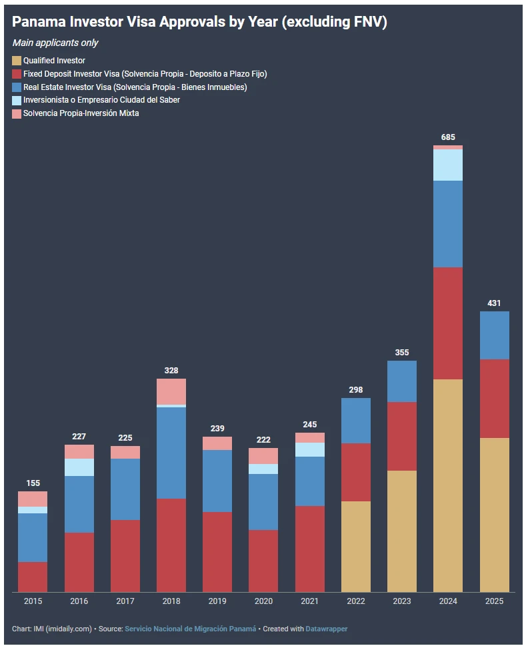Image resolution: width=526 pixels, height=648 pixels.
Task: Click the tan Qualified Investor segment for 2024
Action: [x=448, y=485]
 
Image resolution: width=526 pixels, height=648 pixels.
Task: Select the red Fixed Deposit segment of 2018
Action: [x=171, y=545]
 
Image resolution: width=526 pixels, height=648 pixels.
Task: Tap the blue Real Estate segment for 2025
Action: [x=494, y=335]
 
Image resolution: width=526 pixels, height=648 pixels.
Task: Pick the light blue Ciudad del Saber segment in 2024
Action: [x=448, y=165]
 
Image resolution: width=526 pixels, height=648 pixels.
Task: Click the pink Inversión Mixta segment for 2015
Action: [x=33, y=499]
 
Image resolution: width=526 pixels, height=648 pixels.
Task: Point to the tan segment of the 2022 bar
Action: [x=356, y=546]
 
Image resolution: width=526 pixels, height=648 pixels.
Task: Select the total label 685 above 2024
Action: [x=448, y=137]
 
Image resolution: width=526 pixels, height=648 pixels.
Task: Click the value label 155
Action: [x=33, y=483]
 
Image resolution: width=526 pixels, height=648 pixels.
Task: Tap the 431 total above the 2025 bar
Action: [x=494, y=303]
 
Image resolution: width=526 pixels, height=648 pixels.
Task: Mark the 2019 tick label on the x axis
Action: [x=217, y=601]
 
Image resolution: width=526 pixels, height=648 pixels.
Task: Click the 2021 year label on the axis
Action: [x=309, y=601]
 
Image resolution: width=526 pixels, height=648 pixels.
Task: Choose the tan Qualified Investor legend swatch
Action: [x=17, y=61]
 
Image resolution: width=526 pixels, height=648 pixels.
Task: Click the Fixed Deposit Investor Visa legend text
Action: [x=145, y=74]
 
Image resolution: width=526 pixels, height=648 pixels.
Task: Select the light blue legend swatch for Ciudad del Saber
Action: [x=17, y=100]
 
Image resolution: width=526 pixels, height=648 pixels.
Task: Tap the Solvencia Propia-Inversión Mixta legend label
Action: [x=81, y=113]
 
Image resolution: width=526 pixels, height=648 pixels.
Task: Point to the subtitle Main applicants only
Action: [x=55, y=43]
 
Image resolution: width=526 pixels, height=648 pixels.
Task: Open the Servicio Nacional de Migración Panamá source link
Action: [x=190, y=629]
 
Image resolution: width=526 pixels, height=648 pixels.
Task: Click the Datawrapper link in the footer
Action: [x=327, y=629]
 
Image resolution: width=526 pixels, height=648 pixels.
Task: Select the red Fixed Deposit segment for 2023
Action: [x=402, y=436]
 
